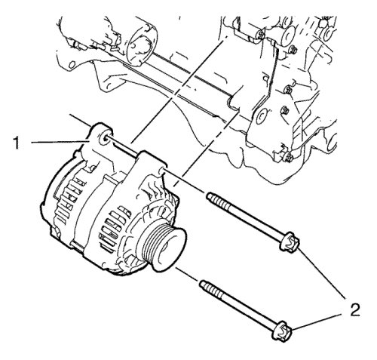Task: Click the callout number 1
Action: coord(17,143)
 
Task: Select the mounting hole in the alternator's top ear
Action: coord(104,138)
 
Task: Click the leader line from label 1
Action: coord(60,143)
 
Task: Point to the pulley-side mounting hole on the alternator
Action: coord(162,171)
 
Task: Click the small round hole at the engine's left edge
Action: coord(72,64)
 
